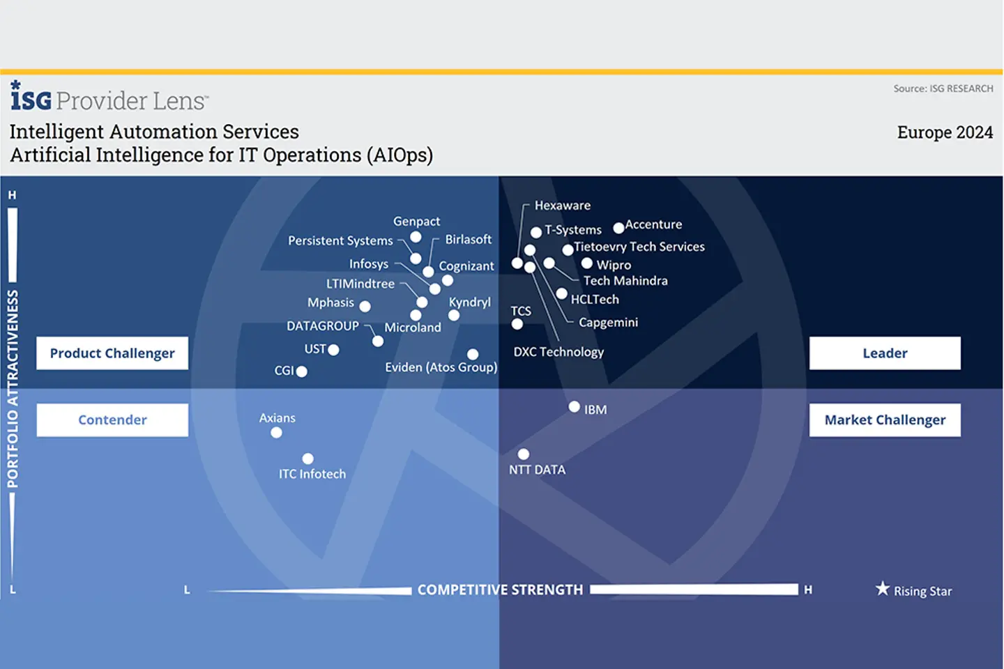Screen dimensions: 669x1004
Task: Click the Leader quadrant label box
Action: [x=885, y=353]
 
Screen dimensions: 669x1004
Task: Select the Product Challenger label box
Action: [x=112, y=353]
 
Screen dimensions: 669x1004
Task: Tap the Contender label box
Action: [x=112, y=420]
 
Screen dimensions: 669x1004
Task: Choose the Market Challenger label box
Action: [x=885, y=420]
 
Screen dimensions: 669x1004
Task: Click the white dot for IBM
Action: [x=574, y=407]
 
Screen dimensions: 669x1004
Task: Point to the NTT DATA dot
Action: [x=524, y=454]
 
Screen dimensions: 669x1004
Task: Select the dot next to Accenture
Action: [x=618, y=228]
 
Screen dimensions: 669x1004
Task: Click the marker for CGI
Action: [x=301, y=371]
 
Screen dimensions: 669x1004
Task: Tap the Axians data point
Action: [x=276, y=433]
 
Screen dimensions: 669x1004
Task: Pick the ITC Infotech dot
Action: [x=307, y=459]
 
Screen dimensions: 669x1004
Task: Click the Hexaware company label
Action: [x=562, y=206]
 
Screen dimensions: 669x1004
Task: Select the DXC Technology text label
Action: [x=558, y=352]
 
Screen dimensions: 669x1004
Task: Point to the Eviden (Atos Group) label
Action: [x=441, y=367]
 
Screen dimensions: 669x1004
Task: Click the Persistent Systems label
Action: [x=340, y=240]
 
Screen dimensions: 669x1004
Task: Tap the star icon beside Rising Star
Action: [x=883, y=589]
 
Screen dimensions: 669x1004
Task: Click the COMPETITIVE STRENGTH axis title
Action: [x=500, y=590]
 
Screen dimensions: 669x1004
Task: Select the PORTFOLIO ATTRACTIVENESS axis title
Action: [x=13, y=389]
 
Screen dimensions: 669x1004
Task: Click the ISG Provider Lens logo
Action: [x=109, y=98]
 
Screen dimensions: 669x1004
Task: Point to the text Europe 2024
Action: [x=945, y=132]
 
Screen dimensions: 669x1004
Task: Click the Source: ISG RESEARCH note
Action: [x=943, y=89]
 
